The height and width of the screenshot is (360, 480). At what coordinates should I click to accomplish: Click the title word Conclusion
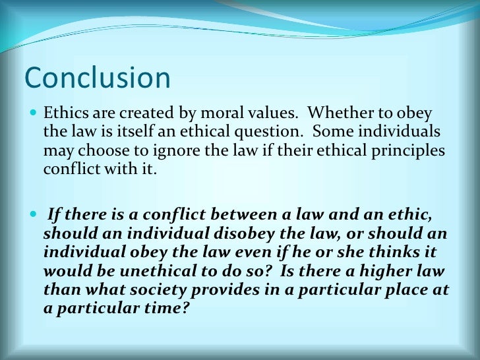(97, 78)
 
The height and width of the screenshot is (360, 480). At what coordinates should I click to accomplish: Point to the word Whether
(347, 113)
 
